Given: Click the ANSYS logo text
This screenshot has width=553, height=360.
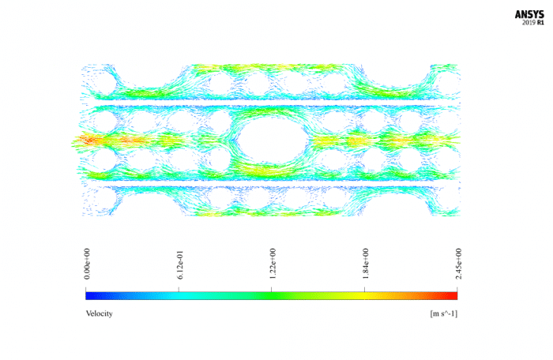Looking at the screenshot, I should click(529, 14).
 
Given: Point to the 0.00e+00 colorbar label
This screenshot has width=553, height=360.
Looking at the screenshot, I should click(87, 263).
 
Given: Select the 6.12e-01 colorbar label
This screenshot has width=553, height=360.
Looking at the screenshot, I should click(179, 263).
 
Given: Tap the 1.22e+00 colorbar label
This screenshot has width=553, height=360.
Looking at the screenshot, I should click(273, 263).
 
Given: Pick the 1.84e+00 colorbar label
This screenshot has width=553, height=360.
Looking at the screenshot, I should click(365, 263).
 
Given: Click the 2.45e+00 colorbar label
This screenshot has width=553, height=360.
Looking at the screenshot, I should click(458, 263).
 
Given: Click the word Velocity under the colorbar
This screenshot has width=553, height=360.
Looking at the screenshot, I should click(99, 313).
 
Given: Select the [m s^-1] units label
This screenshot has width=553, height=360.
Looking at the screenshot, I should click(444, 313).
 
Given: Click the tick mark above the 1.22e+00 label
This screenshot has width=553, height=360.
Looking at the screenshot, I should click(272, 289).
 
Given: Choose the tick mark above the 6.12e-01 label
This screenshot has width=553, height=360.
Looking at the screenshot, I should click(179, 289).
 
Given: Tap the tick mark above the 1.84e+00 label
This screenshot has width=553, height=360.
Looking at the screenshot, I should click(365, 289).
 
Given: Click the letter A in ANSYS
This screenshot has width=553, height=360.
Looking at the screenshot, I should click(519, 14).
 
